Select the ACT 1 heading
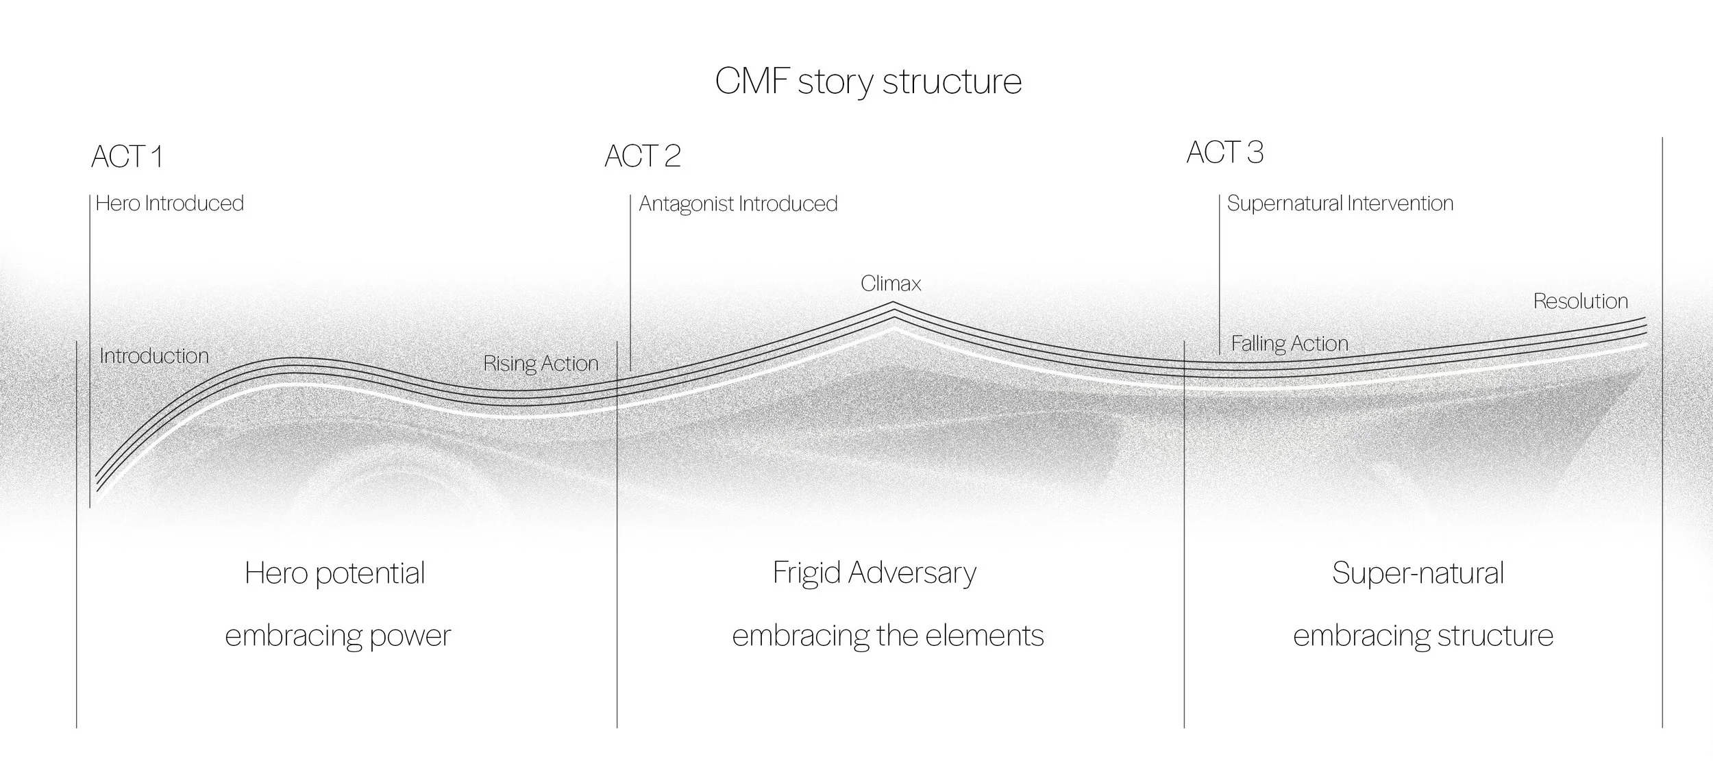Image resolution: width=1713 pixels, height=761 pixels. (127, 157)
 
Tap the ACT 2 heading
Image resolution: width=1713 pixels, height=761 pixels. (642, 156)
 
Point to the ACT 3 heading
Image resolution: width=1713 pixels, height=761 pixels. (1224, 153)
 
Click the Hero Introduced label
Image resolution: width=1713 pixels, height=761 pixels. (170, 203)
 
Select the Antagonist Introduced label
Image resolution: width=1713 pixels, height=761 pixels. (738, 204)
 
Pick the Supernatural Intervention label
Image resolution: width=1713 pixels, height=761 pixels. (1340, 203)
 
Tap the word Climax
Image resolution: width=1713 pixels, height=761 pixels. (891, 284)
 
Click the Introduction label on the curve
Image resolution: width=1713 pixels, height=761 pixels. (154, 356)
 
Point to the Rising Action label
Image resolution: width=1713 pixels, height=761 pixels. (541, 364)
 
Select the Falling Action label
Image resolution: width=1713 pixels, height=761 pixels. (1290, 344)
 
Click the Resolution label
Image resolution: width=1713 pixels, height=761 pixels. (1580, 301)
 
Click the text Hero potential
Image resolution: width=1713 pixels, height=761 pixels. (335, 573)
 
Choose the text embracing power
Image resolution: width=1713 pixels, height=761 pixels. (338, 636)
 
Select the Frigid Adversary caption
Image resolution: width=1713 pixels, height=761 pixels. (874, 573)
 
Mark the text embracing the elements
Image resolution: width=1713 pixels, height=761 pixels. (888, 636)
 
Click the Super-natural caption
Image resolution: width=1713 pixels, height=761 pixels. (1418, 573)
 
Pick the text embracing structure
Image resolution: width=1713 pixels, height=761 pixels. (1422, 636)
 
